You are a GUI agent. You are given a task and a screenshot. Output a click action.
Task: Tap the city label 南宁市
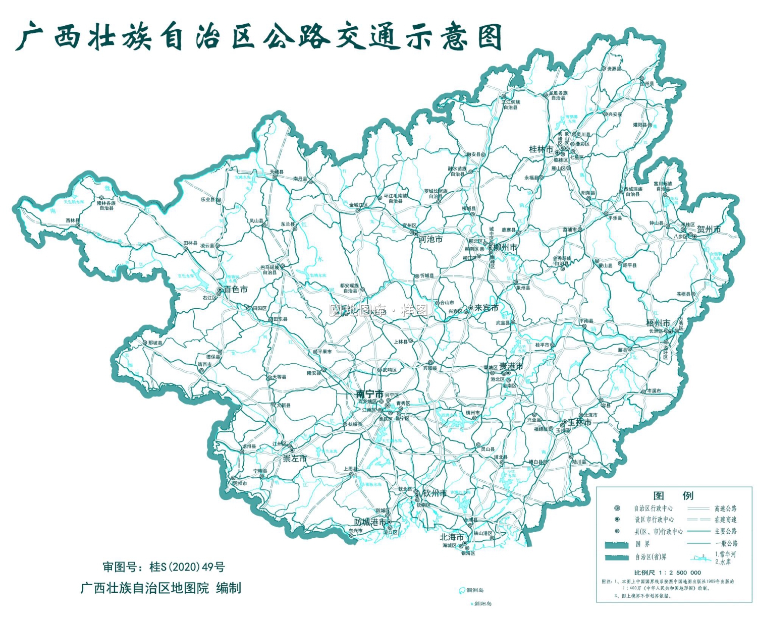click(369, 394)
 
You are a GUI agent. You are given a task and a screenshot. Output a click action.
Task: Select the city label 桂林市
click(540, 149)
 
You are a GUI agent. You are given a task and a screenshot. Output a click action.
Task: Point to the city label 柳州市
click(505, 248)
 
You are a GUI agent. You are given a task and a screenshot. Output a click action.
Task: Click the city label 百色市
click(236, 290)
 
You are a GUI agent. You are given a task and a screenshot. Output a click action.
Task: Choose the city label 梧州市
click(658, 323)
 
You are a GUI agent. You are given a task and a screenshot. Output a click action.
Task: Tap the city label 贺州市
click(709, 229)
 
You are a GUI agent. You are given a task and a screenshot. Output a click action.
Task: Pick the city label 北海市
click(451, 537)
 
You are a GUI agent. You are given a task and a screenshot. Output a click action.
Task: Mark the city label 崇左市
click(295, 459)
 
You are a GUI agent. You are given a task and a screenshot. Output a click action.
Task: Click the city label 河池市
click(430, 239)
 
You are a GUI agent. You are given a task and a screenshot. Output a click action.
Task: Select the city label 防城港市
click(370, 522)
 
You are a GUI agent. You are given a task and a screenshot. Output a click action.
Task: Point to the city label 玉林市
click(579, 422)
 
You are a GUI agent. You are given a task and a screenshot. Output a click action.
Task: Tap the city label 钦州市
click(435, 493)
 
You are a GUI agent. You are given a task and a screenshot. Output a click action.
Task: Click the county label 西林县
click(72, 220)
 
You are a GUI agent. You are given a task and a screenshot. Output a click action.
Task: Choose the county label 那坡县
click(155, 343)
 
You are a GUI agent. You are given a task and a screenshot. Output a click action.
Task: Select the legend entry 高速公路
click(725, 509)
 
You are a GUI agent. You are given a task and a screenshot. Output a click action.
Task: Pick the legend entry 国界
click(642, 544)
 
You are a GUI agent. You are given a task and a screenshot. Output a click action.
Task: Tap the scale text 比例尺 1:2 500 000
click(667, 573)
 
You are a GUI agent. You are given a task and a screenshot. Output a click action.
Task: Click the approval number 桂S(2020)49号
click(187, 567)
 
